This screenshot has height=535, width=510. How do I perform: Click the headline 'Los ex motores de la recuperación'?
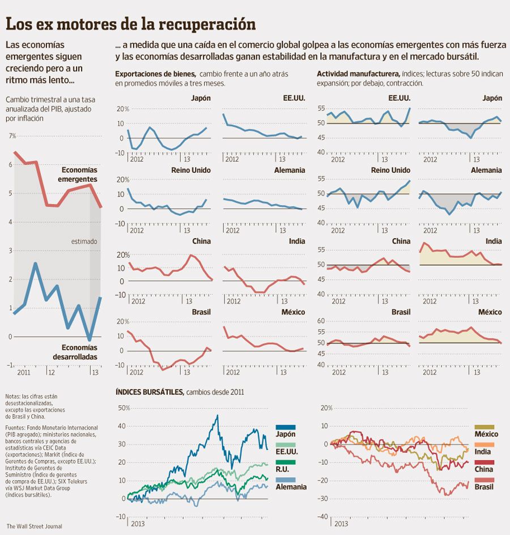pyautogui.click(x=130, y=24)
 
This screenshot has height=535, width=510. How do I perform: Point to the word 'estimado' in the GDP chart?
pyautogui.click(x=84, y=241)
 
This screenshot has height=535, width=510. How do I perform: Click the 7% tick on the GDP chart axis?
pyautogui.click(x=12, y=136)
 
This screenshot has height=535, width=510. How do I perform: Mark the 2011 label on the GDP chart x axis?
pyautogui.click(x=24, y=373)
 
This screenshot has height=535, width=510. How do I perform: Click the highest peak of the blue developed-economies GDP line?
pyautogui.click(x=36, y=264)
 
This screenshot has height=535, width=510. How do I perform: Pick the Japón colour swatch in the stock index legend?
pyautogui.click(x=286, y=427)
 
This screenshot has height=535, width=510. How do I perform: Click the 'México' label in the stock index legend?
pyautogui.click(x=486, y=434)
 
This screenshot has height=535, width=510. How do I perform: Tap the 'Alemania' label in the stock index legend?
pyautogui.click(x=291, y=487)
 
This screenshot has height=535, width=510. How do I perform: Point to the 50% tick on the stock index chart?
pyautogui.click(x=124, y=407)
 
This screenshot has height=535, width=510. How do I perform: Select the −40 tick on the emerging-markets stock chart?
pyautogui.click(x=322, y=516)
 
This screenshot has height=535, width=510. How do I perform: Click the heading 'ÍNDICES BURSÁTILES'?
pyautogui.click(x=149, y=392)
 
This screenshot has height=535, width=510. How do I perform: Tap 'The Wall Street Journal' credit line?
pyautogui.click(x=34, y=526)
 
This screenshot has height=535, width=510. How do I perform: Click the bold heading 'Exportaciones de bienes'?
pyautogui.click(x=155, y=74)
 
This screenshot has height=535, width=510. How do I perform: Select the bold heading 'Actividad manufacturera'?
pyautogui.click(x=358, y=74)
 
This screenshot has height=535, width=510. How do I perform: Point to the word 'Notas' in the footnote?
pyautogui.click(x=12, y=396)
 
